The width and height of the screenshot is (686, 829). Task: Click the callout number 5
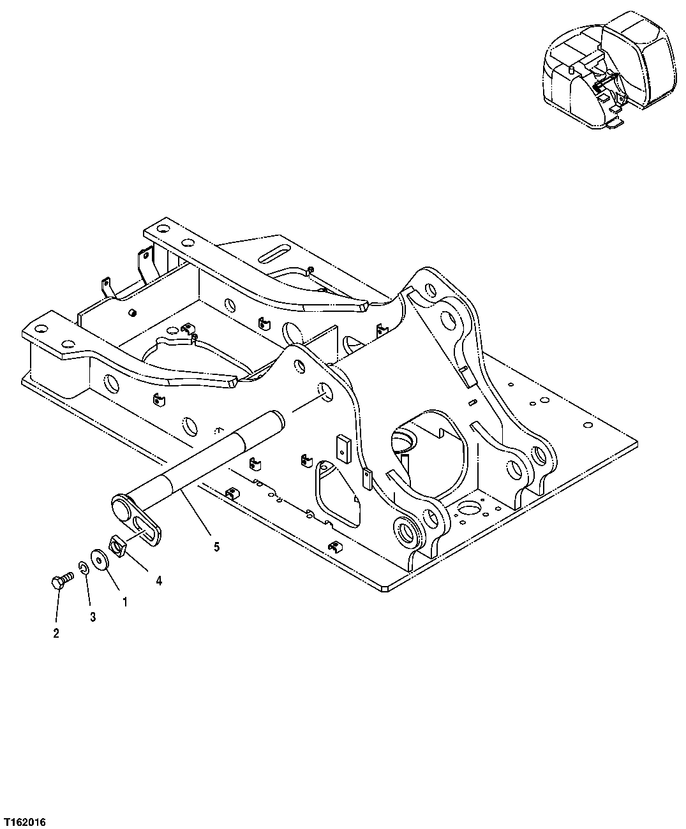[216, 547]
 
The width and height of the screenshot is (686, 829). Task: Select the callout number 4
[159, 580]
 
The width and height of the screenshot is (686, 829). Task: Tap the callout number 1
[124, 601]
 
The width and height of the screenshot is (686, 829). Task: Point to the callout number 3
[93, 617]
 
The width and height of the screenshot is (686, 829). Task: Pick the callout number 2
[56, 633]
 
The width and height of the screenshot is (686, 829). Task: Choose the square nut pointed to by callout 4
[117, 546]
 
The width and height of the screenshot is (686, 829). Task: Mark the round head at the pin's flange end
[120, 507]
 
